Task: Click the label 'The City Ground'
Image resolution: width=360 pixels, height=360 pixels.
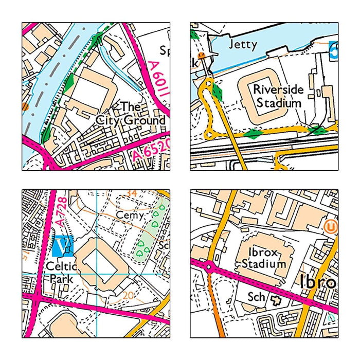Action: [x=131, y=114]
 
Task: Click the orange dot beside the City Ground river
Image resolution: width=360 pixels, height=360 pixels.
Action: [x=25, y=107]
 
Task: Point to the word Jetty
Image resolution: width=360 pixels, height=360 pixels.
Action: [x=242, y=44]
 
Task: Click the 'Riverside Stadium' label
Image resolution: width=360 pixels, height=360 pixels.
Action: [x=278, y=96]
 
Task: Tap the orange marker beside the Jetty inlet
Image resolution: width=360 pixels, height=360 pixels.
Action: [x=202, y=55]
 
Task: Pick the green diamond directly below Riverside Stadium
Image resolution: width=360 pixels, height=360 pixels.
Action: [x=252, y=134]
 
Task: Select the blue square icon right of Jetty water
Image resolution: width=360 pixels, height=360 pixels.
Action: [x=334, y=49]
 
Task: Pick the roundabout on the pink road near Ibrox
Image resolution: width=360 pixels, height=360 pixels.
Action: [x=209, y=267]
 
